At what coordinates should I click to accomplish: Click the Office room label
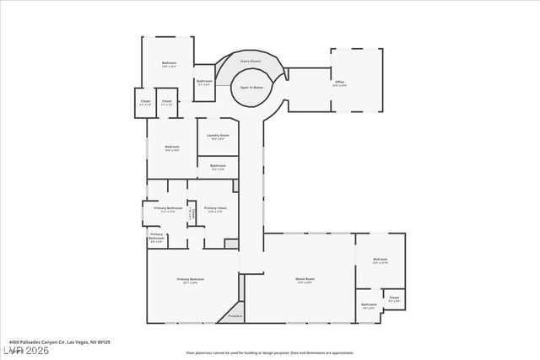pos(338,83)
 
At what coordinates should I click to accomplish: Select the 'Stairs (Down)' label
pos(251,62)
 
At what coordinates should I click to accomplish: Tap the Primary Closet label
pos(215,209)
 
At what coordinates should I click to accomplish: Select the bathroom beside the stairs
pos(204,83)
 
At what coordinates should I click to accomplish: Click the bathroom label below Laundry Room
pos(218,167)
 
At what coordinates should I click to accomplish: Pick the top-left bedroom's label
pos(169,64)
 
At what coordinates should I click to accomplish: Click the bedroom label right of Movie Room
pos(380,261)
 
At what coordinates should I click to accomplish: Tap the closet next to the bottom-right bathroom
pos(394,298)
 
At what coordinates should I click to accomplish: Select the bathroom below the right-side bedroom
pos(369,305)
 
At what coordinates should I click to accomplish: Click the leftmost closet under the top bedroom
pos(144,103)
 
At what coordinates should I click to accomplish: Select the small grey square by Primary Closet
pos(231,244)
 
